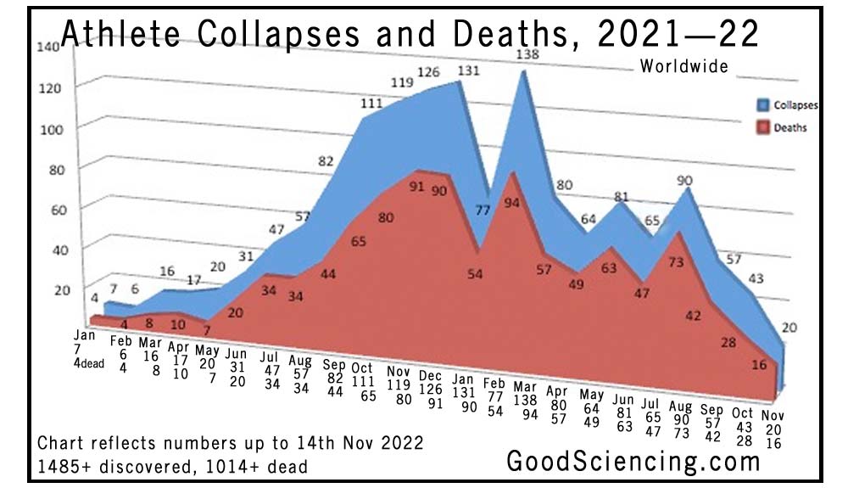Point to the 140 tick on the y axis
[47, 48]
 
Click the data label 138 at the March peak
[528, 54]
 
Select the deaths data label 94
[512, 203]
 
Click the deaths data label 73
[676, 262]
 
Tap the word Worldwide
[684, 66]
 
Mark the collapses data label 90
[686, 180]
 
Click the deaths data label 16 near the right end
[759, 365]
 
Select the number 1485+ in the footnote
[66, 466]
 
